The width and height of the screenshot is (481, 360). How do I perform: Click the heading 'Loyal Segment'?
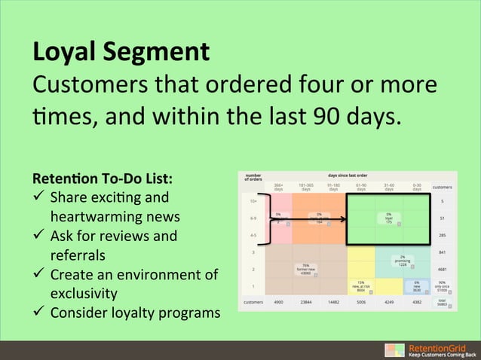tap(120, 53)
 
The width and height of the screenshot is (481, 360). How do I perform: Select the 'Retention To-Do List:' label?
tap(102, 179)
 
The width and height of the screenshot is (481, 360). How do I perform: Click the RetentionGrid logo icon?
tap(394, 350)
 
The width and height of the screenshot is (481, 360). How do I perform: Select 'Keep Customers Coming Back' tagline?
tap(443, 355)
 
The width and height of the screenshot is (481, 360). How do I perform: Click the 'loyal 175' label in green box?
tap(388, 218)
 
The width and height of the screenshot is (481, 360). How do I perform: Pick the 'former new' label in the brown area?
tap(305, 268)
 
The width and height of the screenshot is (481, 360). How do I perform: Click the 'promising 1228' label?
tap(403, 261)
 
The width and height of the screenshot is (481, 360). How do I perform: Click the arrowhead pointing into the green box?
tap(342, 220)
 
